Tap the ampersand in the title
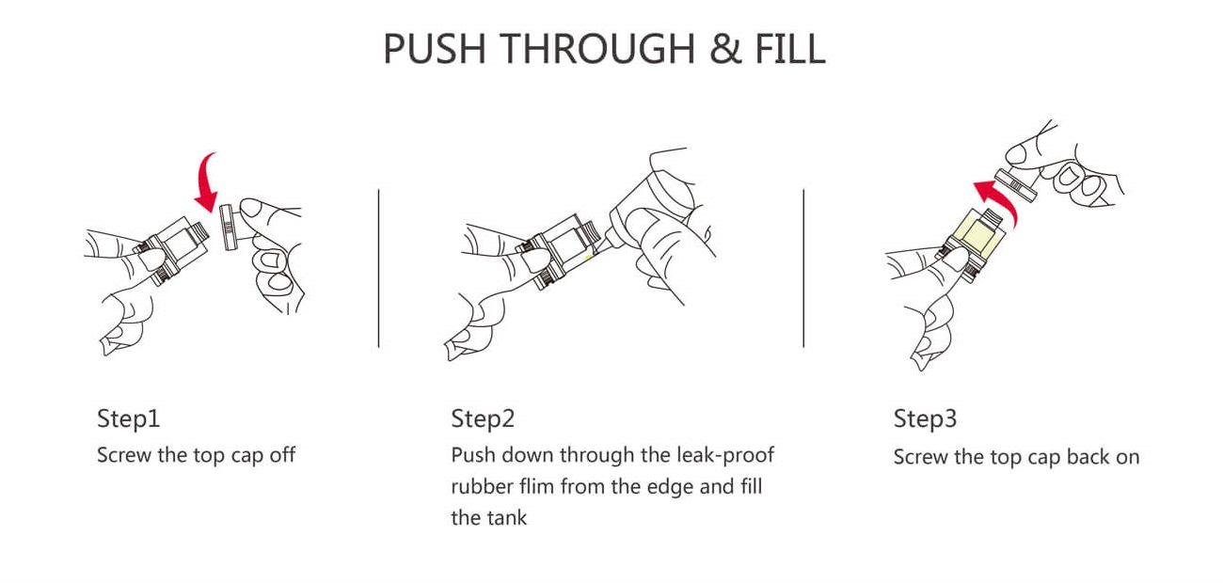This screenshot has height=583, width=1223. pyautogui.click(x=725, y=49)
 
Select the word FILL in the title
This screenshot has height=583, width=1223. pyautogui.click(x=790, y=49)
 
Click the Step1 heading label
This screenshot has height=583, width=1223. pyautogui.click(x=128, y=418)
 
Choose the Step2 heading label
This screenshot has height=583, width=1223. pyautogui.click(x=483, y=418)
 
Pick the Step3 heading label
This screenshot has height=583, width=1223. pyautogui.click(x=925, y=418)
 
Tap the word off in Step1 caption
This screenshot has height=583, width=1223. pyautogui.click(x=283, y=455)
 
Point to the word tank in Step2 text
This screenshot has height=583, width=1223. pyautogui.click(x=508, y=517)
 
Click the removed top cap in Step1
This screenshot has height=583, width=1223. pyautogui.click(x=230, y=227)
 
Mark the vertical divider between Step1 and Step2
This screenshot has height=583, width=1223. pyautogui.click(x=378, y=268)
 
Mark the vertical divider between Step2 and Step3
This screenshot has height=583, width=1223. pyautogui.click(x=803, y=268)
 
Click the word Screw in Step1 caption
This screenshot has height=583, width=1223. pyautogui.click(x=124, y=455)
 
